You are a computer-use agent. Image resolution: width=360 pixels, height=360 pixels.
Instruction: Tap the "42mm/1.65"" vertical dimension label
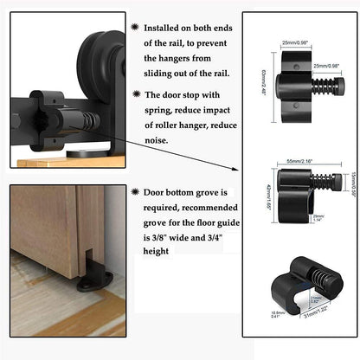(x=268, y=201)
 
